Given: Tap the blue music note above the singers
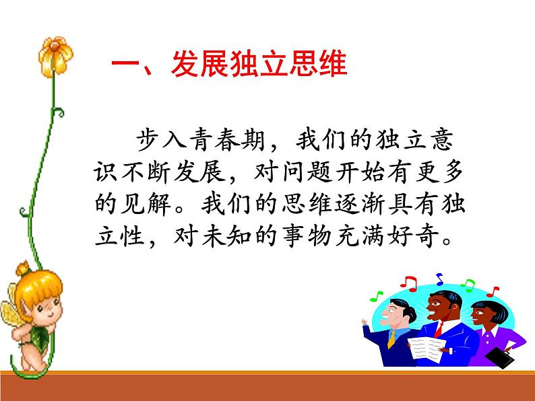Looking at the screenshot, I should coord(440,277).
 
